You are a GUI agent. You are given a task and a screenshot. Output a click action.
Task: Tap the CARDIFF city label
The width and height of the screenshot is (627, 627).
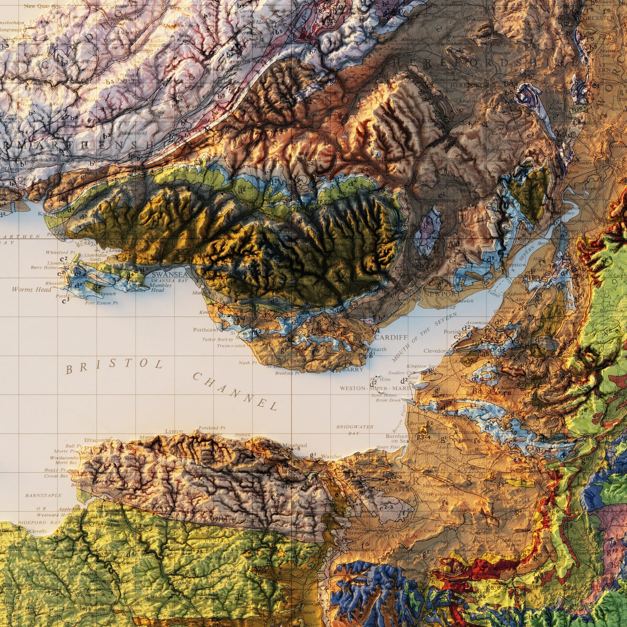point(391,337)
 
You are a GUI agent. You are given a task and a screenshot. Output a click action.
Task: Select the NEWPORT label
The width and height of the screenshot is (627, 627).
point(442,294)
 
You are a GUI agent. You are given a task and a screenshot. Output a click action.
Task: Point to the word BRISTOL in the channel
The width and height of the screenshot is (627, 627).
point(114,365)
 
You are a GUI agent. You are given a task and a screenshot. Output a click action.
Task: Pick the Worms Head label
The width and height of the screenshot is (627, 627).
point(31,289)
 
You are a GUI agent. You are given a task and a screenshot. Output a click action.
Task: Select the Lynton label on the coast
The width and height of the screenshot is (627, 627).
point(174,431)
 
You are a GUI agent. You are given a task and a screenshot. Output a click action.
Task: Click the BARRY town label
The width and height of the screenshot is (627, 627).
point(352,370)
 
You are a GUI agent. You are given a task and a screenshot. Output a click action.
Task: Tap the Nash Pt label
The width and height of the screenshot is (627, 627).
point(247,363)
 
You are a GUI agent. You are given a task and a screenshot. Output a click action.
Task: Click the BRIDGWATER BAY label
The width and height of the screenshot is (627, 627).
point(355,430)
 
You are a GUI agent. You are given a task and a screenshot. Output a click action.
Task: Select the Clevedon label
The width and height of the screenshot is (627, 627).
point(435,351)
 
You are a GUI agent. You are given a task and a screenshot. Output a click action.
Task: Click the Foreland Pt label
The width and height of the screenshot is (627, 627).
point(212,428)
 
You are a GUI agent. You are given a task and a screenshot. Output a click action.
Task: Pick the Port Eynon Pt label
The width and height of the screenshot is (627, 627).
point(102,303)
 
